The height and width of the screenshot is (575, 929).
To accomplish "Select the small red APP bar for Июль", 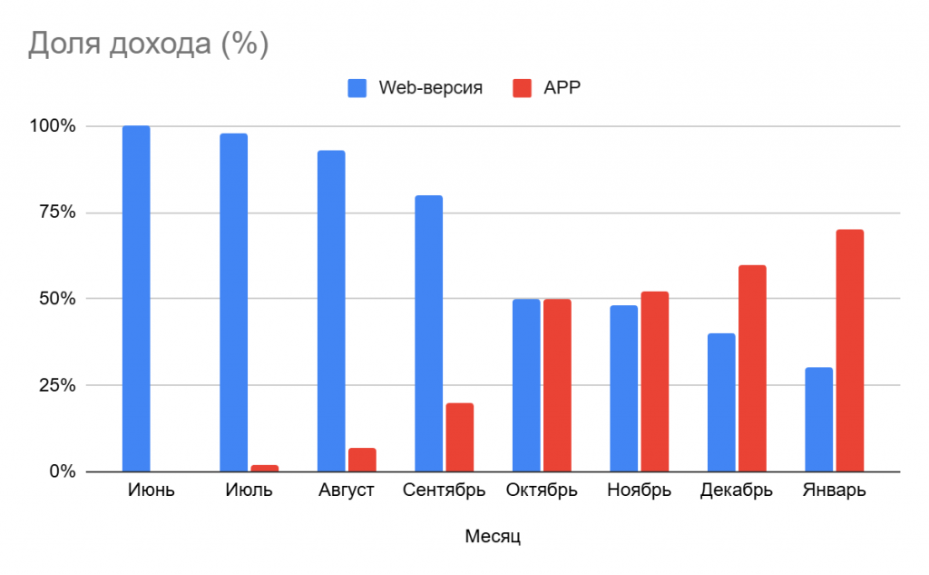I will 264,468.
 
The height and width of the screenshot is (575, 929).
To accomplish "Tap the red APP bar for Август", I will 362,460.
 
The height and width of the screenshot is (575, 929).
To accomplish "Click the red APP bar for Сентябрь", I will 460,437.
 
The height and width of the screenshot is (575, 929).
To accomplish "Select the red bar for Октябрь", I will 557,385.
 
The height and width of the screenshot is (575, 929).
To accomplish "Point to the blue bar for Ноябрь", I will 623,388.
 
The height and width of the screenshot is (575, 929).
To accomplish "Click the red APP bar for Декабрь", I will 752,368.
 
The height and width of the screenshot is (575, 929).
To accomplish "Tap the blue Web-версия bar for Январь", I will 818,419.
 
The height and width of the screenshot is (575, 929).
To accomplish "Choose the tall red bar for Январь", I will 850,351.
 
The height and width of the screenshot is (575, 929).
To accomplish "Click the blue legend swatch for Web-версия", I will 357,88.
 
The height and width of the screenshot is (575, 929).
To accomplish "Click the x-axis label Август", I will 347,491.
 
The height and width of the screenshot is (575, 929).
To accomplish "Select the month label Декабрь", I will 736,491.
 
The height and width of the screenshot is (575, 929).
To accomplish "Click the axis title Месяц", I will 492,536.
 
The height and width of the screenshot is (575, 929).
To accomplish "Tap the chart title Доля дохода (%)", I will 148,44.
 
